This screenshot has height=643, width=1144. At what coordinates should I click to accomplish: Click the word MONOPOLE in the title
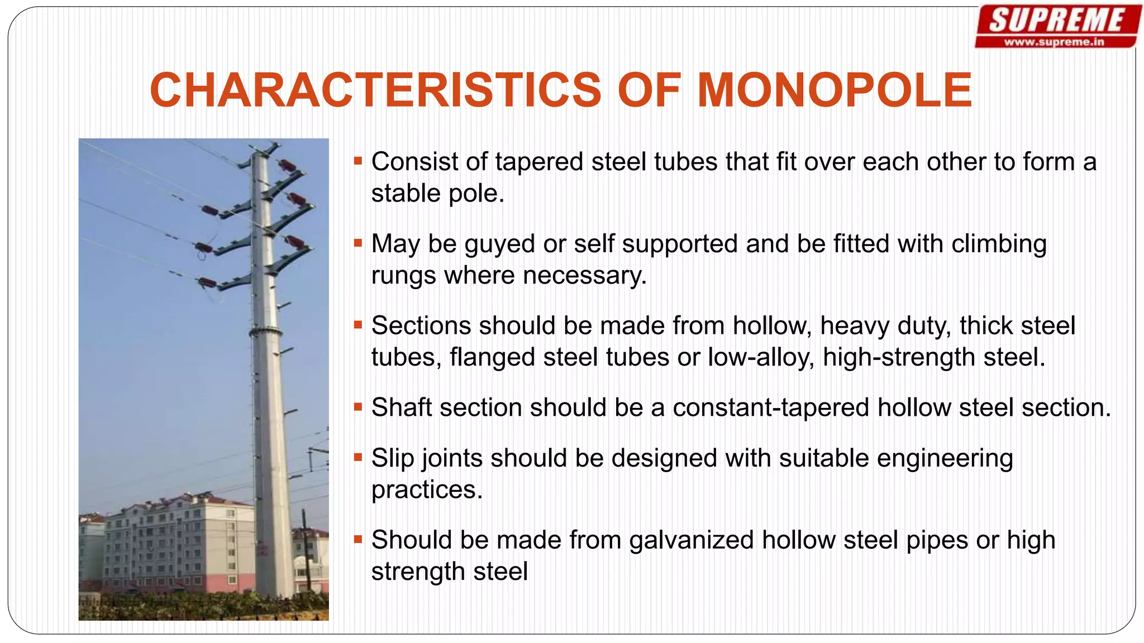click(x=835, y=90)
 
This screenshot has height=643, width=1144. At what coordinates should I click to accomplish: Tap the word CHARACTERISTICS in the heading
click(x=375, y=90)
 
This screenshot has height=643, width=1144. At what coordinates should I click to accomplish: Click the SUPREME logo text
click(x=1056, y=21)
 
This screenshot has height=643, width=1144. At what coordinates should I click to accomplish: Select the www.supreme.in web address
click(x=1054, y=42)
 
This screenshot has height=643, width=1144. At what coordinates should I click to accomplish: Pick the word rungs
click(x=403, y=276)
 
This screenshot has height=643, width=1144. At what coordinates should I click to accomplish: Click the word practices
click(x=427, y=490)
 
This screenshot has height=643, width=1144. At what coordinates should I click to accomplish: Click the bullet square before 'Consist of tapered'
click(x=358, y=162)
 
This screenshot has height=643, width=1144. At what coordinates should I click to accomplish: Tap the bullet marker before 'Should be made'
click(x=358, y=540)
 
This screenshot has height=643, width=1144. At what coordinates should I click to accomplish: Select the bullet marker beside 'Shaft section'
click(x=358, y=407)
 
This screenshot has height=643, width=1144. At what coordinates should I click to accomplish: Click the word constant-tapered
click(x=771, y=407)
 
